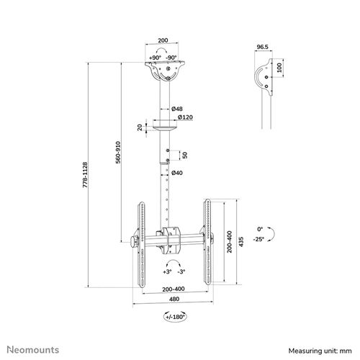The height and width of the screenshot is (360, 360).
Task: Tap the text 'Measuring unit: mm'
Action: pyautogui.click(x=323, y=349)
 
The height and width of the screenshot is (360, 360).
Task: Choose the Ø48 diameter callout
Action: pyautogui.click(x=185, y=107)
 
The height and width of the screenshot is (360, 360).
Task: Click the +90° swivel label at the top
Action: pyautogui.click(x=154, y=57)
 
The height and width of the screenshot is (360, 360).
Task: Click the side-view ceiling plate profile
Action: pyautogui.click(x=264, y=77)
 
